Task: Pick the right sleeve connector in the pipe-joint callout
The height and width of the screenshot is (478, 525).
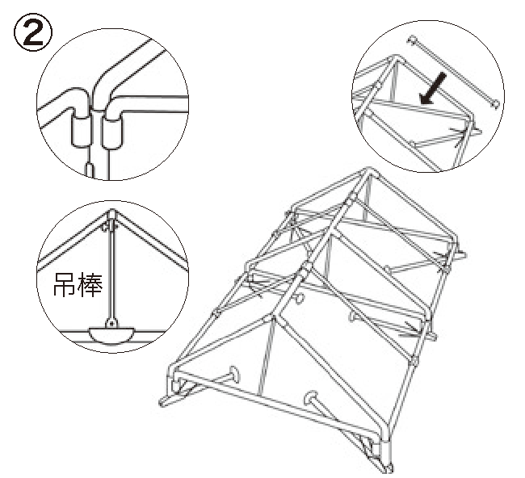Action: (112, 129)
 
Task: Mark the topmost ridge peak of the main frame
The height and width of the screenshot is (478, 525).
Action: (367, 174)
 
